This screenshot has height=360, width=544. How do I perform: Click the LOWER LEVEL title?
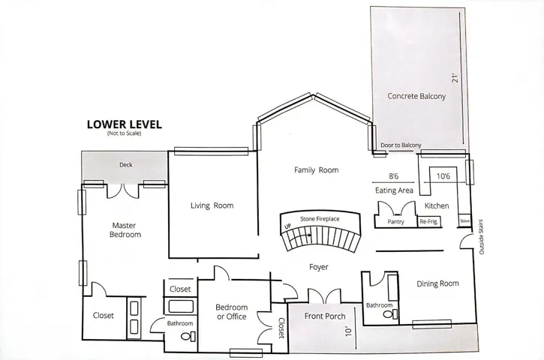click(x=125, y=124)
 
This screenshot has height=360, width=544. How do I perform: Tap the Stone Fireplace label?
click(x=320, y=219)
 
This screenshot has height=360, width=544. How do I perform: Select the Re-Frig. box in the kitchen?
click(x=429, y=221)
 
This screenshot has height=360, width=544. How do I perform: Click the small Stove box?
click(x=464, y=220)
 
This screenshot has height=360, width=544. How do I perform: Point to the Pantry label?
click(x=395, y=221)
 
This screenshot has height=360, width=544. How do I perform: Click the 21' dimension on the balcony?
click(x=455, y=77)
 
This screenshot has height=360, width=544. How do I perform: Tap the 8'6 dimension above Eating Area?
click(x=393, y=176)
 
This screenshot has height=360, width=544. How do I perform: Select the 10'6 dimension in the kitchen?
click(x=443, y=176)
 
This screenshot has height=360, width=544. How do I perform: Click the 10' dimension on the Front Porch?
click(x=348, y=330)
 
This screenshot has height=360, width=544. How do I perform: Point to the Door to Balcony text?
click(x=401, y=145)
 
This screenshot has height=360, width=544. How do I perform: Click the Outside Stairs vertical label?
click(x=481, y=236)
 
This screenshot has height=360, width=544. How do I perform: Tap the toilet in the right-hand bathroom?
click(x=391, y=315)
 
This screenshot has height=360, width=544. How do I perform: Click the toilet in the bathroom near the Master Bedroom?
click(x=188, y=336)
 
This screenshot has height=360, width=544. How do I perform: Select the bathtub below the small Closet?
click(x=180, y=306)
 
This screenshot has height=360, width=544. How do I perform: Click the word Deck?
click(x=125, y=165)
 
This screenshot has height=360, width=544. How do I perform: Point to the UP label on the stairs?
click(x=287, y=226)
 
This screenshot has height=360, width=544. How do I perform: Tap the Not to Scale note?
click(x=125, y=133)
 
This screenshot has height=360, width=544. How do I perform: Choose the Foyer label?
click(x=318, y=267)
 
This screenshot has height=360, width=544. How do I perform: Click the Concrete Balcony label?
click(x=416, y=96)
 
